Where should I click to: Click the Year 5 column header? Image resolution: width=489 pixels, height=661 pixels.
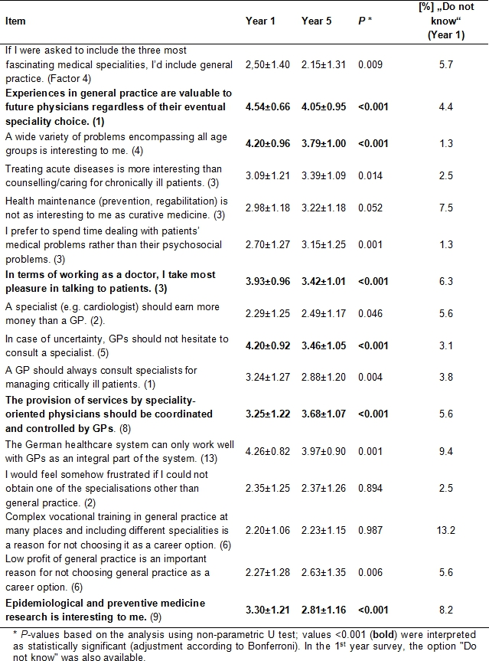[317, 21]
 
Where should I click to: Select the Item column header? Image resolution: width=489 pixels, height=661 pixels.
[15, 21]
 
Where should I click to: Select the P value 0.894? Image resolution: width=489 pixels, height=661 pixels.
[370, 488]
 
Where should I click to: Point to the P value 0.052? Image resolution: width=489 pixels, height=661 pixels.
[370, 208]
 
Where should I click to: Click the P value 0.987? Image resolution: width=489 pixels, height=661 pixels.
[370, 529]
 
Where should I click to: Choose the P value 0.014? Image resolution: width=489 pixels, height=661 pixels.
[370, 175]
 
